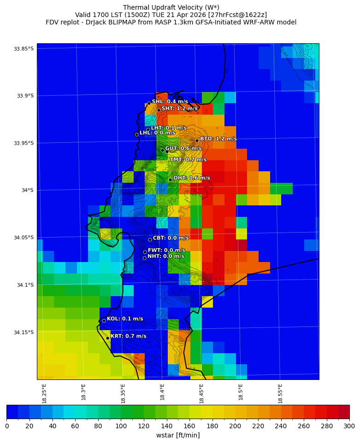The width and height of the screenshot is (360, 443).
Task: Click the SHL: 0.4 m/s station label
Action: [170, 101]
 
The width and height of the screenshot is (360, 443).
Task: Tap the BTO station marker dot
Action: [197, 140]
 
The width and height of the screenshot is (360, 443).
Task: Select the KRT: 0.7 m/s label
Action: [128, 336]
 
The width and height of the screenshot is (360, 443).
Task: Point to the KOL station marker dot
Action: [104, 321]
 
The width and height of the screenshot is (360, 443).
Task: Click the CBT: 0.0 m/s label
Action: [171, 238]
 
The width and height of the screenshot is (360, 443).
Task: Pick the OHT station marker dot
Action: [170, 180]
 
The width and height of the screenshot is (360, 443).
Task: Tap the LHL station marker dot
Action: [136, 134]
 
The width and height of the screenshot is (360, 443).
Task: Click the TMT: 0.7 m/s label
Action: [188, 160]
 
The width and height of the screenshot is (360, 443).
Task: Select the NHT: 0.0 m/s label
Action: [165, 256]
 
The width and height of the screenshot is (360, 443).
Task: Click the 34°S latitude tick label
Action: [27, 190]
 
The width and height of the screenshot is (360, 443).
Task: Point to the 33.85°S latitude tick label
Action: [24, 49]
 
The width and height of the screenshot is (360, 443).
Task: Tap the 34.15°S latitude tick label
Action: [24, 332]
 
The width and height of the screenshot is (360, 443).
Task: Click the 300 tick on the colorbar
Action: [349, 426]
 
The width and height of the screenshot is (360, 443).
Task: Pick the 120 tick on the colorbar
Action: [143, 426]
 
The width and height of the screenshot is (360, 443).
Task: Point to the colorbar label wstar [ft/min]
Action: [178, 435]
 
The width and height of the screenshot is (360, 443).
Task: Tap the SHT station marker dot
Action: [159, 110]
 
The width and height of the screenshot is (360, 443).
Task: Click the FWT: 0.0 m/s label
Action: [166, 251]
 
